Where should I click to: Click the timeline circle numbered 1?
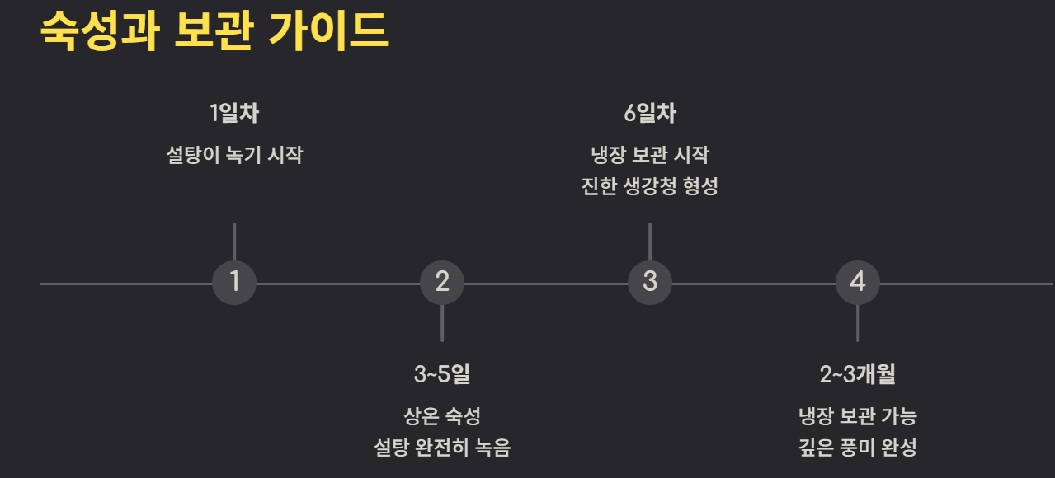pyautogui.click(x=234, y=283)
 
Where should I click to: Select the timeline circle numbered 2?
pyautogui.click(x=442, y=283)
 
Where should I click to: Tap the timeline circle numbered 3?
pyautogui.click(x=650, y=283)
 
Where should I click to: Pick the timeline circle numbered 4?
pyautogui.click(x=858, y=283)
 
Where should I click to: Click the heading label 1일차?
pyautogui.click(x=234, y=113)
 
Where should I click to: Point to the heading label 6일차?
pyautogui.click(x=650, y=113)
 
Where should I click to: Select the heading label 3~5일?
pyautogui.click(x=442, y=375)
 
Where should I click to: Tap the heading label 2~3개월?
pyautogui.click(x=858, y=375)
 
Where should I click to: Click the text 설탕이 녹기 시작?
pyautogui.click(x=234, y=155)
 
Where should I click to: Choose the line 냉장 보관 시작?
pyautogui.click(x=650, y=155)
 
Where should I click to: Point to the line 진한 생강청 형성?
pyautogui.click(x=650, y=186)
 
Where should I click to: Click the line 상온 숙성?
pyautogui.click(x=442, y=416)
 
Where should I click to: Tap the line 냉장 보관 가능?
pyautogui.click(x=858, y=416)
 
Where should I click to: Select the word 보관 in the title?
pyautogui.click(x=213, y=31)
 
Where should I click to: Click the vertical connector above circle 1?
pyautogui.click(x=234, y=241)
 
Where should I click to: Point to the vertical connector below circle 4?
pyautogui.click(x=858, y=323)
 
